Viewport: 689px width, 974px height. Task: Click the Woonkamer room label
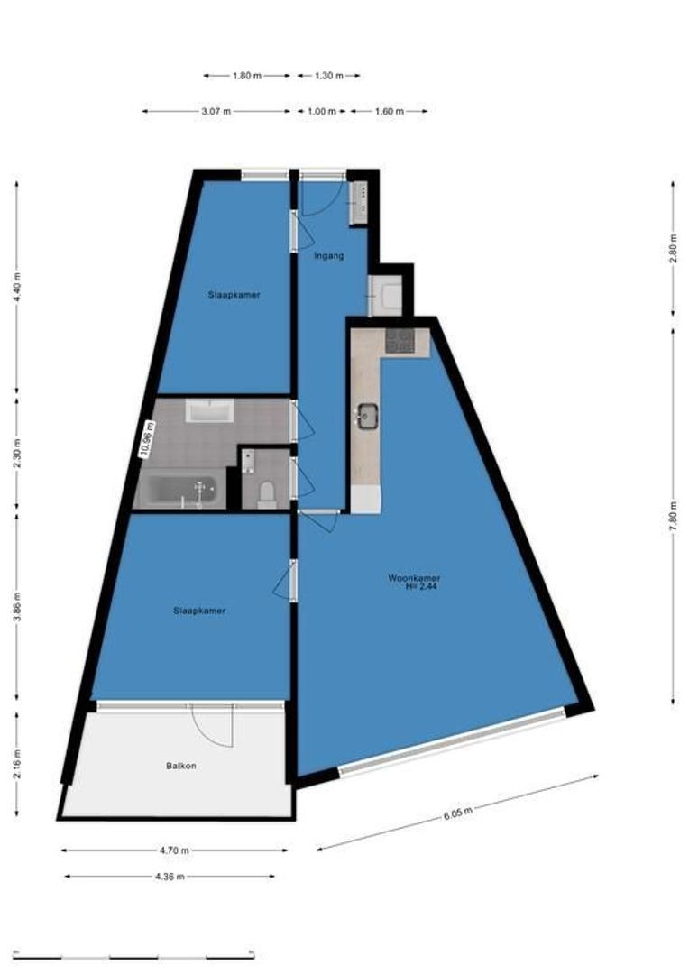pyautogui.click(x=414, y=577)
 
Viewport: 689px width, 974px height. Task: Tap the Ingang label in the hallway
pyautogui.click(x=328, y=256)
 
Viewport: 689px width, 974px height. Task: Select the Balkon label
pyautogui.click(x=180, y=766)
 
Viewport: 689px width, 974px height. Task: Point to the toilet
pyautogui.click(x=266, y=493)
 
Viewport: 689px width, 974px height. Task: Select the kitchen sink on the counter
pyautogui.click(x=367, y=416)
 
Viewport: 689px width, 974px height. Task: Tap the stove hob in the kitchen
pyautogui.click(x=399, y=341)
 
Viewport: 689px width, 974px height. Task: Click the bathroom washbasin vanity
pyautogui.click(x=209, y=412)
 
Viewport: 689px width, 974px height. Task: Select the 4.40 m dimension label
pyautogui.click(x=17, y=288)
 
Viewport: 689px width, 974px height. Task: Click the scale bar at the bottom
pyautogui.click(x=135, y=956)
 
